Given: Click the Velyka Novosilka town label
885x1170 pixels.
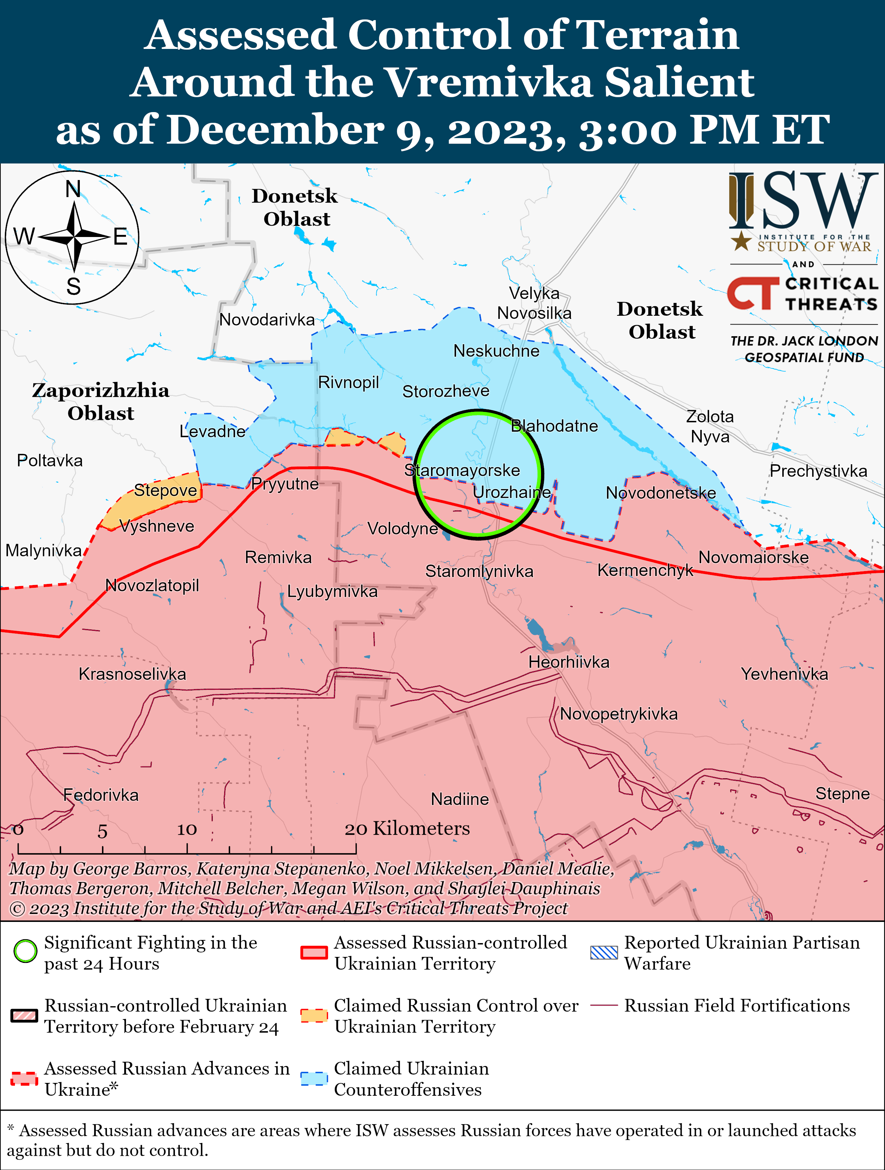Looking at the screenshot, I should (534, 303).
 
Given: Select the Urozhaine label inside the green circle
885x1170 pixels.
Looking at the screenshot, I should (511, 492).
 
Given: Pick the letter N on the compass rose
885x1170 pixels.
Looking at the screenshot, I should (73, 189).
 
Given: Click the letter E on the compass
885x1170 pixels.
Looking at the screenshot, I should (121, 236).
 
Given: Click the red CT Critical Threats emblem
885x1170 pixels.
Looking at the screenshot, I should (752, 293).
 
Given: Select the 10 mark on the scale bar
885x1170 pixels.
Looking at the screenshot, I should (187, 829).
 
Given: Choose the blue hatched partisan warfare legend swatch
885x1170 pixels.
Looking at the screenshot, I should (604, 952).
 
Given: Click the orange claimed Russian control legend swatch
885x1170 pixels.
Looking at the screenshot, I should (314, 1016).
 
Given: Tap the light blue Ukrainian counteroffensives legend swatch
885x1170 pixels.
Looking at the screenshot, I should (314, 1078).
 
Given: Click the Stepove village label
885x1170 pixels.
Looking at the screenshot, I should (165, 490).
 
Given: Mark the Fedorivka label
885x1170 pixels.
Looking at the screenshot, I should (101, 795).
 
